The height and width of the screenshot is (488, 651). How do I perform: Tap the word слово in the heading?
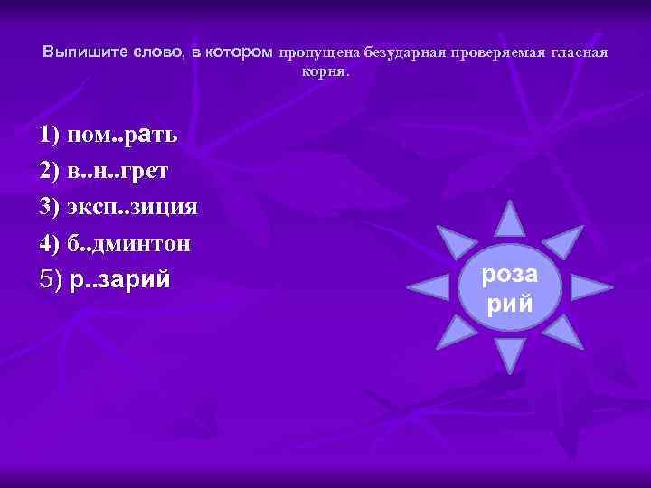pos(157,53)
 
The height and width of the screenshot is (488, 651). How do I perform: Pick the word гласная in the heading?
pos(579,53)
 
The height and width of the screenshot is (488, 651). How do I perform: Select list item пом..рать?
pos(108,136)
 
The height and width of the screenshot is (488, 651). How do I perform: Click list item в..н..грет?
pos(103,172)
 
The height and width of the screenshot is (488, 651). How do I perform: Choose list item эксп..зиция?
pos(118,207)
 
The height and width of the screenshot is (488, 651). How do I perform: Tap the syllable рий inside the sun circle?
pos(511,305)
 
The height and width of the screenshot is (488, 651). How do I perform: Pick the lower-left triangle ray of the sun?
pos(457,336)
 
